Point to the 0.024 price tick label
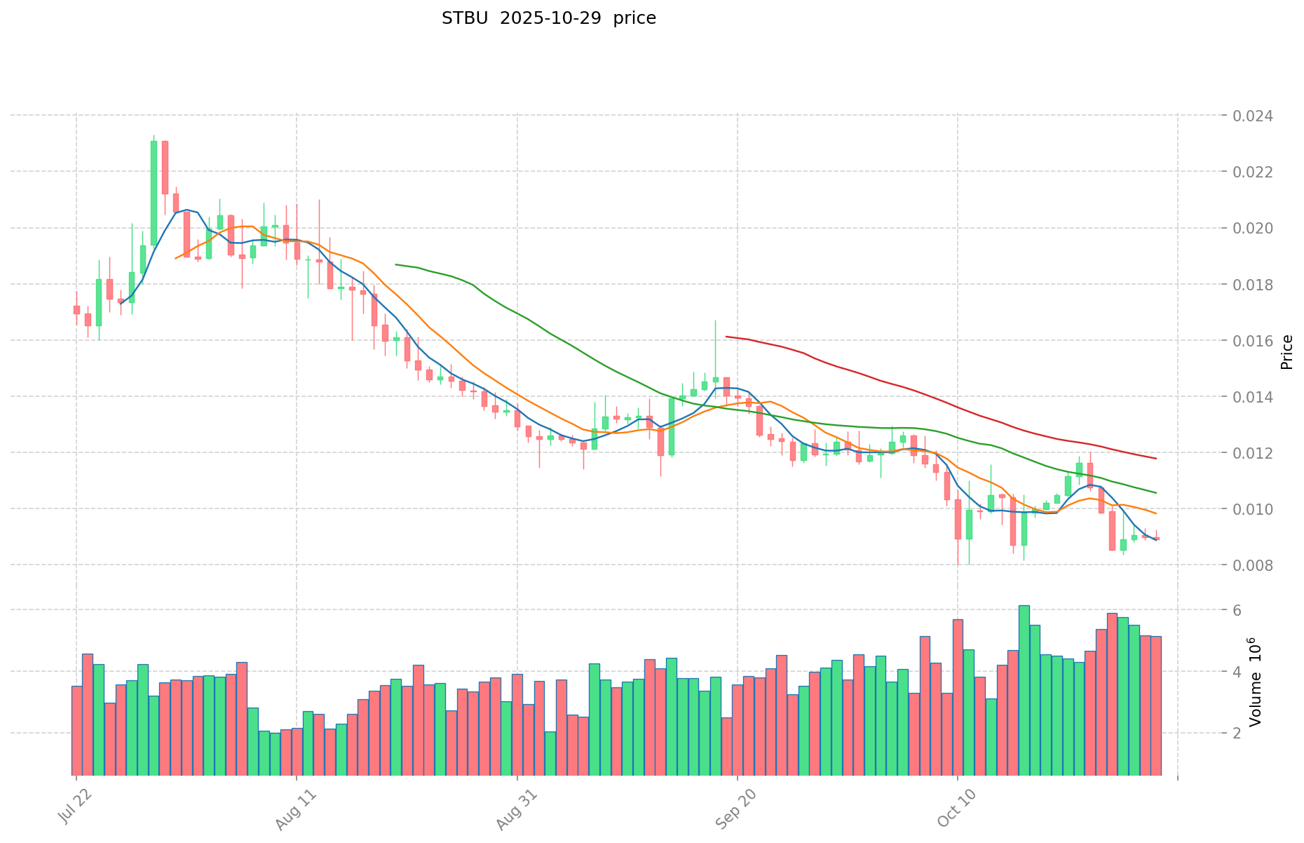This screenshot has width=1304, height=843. coord(1253,116)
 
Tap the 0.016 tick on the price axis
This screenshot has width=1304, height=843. coord(1253,341)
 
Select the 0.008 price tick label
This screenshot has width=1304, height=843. coord(1253,565)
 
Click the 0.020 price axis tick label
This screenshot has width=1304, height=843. coord(1253,229)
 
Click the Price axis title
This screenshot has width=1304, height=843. coord(1286,351)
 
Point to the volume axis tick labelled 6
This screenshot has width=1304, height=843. coord(1237,611)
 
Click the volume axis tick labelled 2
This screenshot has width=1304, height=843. coord(1237,734)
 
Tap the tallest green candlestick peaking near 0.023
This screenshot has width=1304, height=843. coord(154,193)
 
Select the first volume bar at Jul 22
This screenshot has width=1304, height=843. coord(76,730)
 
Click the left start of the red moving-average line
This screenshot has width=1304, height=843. coord(726,337)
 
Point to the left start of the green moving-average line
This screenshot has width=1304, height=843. coord(396,264)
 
